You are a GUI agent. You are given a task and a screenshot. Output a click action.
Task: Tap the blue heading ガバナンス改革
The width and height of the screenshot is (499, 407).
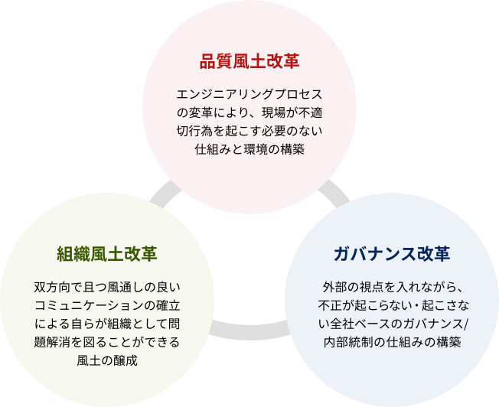coord(392,254)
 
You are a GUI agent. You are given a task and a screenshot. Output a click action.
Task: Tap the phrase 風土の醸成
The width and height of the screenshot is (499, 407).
coord(106,359)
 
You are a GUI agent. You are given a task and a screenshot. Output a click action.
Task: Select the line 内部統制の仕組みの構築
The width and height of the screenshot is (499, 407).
coord(391,341)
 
